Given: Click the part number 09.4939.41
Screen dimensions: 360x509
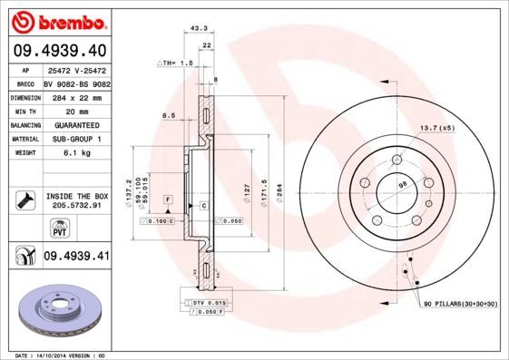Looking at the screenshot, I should tap(75, 257).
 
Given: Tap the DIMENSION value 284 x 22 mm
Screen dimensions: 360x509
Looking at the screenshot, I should tap(75, 95).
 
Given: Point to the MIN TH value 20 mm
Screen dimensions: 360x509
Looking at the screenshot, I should tap(75, 110).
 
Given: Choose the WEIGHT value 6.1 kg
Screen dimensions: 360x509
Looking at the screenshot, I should tap(75, 153).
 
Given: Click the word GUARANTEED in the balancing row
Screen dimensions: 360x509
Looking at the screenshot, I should tap(75, 124).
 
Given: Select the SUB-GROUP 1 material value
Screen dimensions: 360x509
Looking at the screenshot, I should tap(75, 139).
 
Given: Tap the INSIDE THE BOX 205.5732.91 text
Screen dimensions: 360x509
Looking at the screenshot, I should tap(76, 200).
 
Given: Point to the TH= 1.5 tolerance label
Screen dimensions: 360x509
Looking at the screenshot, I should tap(177, 63).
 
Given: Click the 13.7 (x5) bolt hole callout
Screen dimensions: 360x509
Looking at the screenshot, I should tap(436, 128).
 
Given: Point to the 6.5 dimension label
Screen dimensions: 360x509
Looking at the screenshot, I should tap(169, 116).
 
